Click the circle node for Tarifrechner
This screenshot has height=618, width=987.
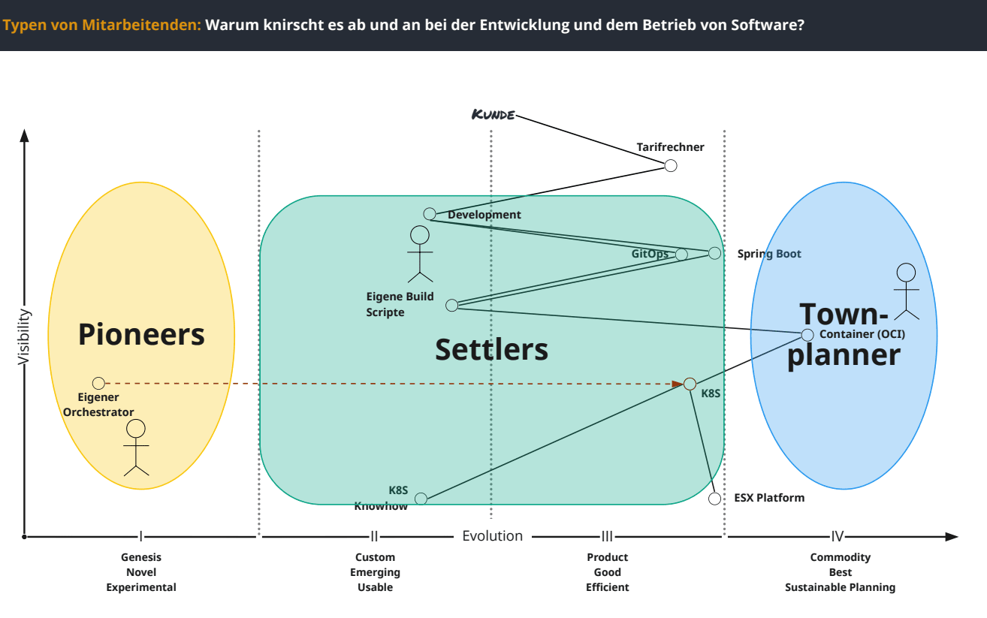coord(671,165)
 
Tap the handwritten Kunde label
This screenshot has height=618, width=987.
coord(493,115)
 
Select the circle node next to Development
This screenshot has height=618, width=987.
coord(430,214)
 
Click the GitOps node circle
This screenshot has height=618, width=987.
coord(681,255)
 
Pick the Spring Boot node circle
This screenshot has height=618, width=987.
coord(714,253)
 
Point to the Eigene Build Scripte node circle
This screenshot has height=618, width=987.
coord(451,305)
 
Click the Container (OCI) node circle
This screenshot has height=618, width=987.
coord(807,335)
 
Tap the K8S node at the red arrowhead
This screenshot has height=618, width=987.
coord(690,384)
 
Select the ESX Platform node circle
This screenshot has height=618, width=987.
coord(715,498)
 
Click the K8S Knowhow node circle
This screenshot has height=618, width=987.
coord(421,499)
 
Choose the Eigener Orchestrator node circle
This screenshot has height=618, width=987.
coord(98,383)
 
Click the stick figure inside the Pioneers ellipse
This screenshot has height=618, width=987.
coord(136,448)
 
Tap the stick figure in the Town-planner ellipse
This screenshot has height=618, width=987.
coord(907,291)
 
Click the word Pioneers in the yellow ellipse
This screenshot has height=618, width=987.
coord(141,334)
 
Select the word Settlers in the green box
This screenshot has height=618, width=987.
coord(492,349)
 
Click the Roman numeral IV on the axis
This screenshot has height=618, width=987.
coord(838,536)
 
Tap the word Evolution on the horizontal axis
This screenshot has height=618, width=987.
coord(492,535)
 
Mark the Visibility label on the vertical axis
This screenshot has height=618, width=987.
coord(24,337)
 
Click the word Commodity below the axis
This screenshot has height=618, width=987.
coord(840,557)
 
